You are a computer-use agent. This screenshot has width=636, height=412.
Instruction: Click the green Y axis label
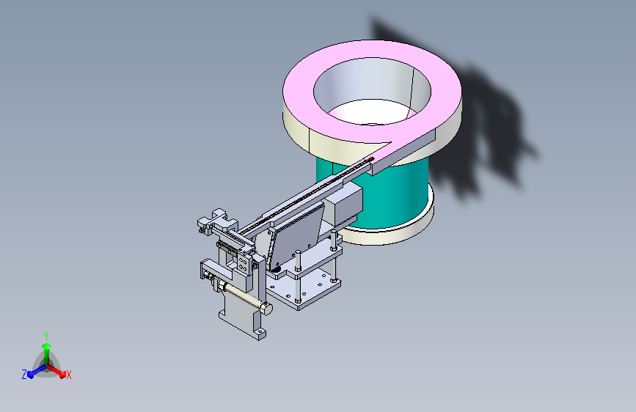pyautogui.click(x=46, y=335)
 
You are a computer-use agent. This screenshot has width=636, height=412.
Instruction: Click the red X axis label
pyautogui.click(x=68, y=375)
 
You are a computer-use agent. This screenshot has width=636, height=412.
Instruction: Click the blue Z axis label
pyautogui.click(x=24, y=375)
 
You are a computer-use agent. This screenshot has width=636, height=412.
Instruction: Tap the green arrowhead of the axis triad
pyautogui.click(x=47, y=346)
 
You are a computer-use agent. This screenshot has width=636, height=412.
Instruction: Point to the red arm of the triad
pyautogui.click(x=56, y=371)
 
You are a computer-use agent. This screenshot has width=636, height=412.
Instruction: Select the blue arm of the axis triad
pyautogui.click(x=37, y=371)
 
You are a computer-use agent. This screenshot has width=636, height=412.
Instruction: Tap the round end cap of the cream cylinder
pyautogui.click(x=266, y=309)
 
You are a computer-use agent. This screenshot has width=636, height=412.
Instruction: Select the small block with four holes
pyautogui.click(x=244, y=264)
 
